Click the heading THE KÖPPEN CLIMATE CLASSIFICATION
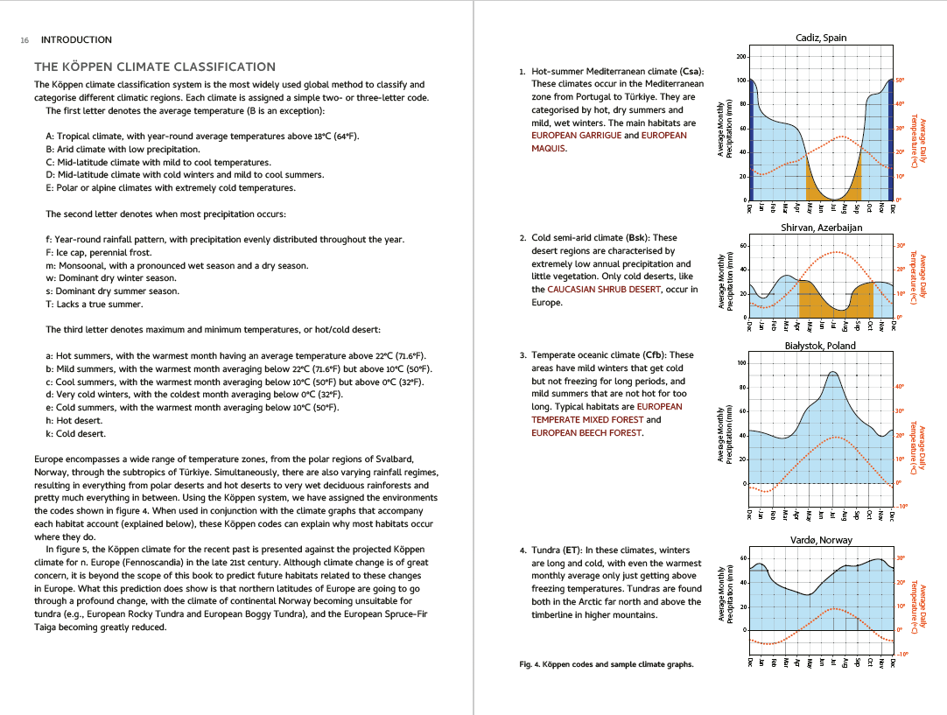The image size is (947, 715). pyautogui.click(x=154, y=67)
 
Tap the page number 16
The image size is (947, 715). pyautogui.click(x=25, y=40)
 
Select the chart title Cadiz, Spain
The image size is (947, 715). pyautogui.click(x=821, y=38)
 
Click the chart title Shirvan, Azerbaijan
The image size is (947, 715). pyautogui.click(x=821, y=228)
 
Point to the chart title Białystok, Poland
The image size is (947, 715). pyautogui.click(x=820, y=346)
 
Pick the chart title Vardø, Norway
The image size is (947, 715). pyautogui.click(x=821, y=540)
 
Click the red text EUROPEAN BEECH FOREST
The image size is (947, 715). pyautogui.click(x=586, y=433)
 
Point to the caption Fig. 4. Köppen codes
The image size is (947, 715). pyautogui.click(x=606, y=664)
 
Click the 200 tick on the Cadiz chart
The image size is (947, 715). pyautogui.click(x=742, y=58)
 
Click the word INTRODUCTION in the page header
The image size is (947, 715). pyautogui.click(x=76, y=40)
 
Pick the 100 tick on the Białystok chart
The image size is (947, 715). pyautogui.click(x=742, y=363)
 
